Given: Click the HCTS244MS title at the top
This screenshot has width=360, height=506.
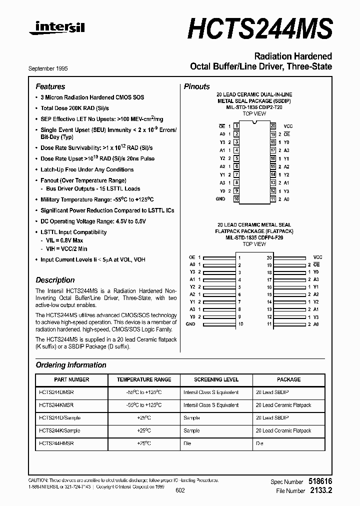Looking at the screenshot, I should click(260, 27).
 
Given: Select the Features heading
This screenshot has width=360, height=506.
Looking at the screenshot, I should click(50, 86).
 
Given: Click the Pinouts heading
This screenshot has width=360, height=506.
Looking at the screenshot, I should click(196, 86).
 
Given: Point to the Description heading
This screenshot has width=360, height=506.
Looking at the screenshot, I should click(55, 280).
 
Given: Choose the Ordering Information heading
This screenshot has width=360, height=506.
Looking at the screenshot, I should click(70, 365).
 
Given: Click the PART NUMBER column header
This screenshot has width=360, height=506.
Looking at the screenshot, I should click(71, 379).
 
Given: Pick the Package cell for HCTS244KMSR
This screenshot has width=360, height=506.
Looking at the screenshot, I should click(283, 405).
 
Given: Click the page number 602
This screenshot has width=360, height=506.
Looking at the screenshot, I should click(180, 490).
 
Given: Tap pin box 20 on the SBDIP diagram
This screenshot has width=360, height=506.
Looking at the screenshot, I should click(273, 126).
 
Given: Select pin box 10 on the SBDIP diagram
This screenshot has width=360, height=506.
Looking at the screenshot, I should click(236, 199).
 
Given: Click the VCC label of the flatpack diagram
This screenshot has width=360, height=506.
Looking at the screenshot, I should click(317, 256).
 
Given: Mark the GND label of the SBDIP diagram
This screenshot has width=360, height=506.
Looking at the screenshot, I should click(220, 199).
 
